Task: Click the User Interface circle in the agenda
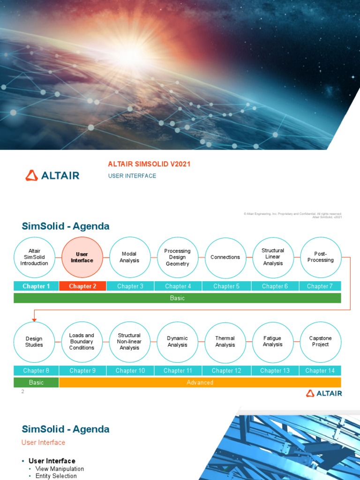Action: (82, 257)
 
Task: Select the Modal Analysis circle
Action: (130, 257)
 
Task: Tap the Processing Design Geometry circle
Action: (178, 257)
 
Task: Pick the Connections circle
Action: (225, 257)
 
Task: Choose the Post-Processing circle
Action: (321, 257)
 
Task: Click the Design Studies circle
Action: (34, 342)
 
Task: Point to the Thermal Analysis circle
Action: (225, 342)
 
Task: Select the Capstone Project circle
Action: (321, 342)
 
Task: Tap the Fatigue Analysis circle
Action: (273, 342)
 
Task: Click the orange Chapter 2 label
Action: (82, 286)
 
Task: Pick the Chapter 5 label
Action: (225, 286)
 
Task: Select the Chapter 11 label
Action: (178, 370)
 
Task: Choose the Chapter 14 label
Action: (320, 370)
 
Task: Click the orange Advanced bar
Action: (200, 382)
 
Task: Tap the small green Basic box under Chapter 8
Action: (36, 382)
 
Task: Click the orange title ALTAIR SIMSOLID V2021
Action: (149, 164)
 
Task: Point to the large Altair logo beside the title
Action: (52, 175)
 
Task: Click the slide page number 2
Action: (22, 391)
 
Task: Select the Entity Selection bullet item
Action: (56, 476)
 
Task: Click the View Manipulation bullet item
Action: (60, 469)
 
